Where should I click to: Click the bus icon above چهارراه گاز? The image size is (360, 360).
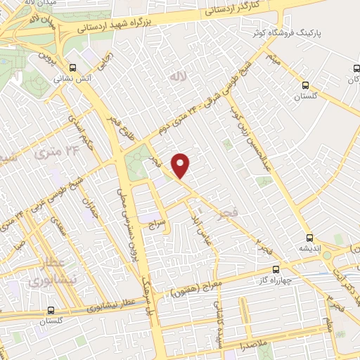pos(275,268)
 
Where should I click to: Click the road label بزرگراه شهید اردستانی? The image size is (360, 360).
pos(169,19)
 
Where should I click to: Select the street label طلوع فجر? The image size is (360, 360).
pos(128,131)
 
